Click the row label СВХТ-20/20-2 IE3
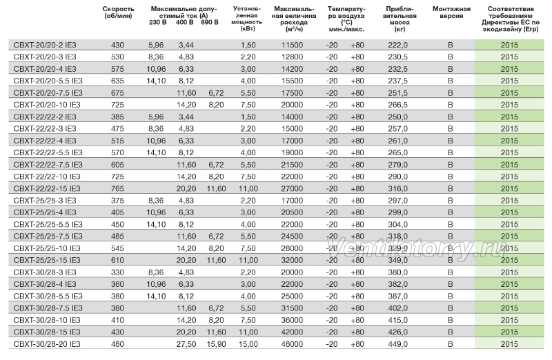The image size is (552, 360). [x=45, y=45]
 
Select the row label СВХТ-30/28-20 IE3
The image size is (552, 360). [x=47, y=344]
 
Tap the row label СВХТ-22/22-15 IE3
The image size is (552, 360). [x=47, y=189]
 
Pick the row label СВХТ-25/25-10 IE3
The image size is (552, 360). [x=47, y=248]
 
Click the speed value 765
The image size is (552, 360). [x=117, y=189]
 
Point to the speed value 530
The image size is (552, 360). [x=117, y=57]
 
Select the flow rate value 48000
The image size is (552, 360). [x=292, y=344]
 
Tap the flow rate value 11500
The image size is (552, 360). [x=292, y=45]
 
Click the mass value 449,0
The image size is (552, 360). [x=398, y=344]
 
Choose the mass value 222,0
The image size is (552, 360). [x=398, y=45]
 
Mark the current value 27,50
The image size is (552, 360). [x=186, y=344]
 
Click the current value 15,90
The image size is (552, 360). [x=216, y=344]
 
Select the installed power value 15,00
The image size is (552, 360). [x=248, y=344]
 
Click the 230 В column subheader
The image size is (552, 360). [x=158, y=23]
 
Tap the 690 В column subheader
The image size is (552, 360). [x=210, y=23]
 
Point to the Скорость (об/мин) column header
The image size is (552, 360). [x=118, y=12]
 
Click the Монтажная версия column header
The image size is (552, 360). [x=452, y=12]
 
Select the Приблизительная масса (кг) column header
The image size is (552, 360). [x=400, y=19]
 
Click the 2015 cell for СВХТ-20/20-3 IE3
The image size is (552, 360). [x=509, y=57]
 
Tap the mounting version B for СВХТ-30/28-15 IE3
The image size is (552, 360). [x=451, y=332]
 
